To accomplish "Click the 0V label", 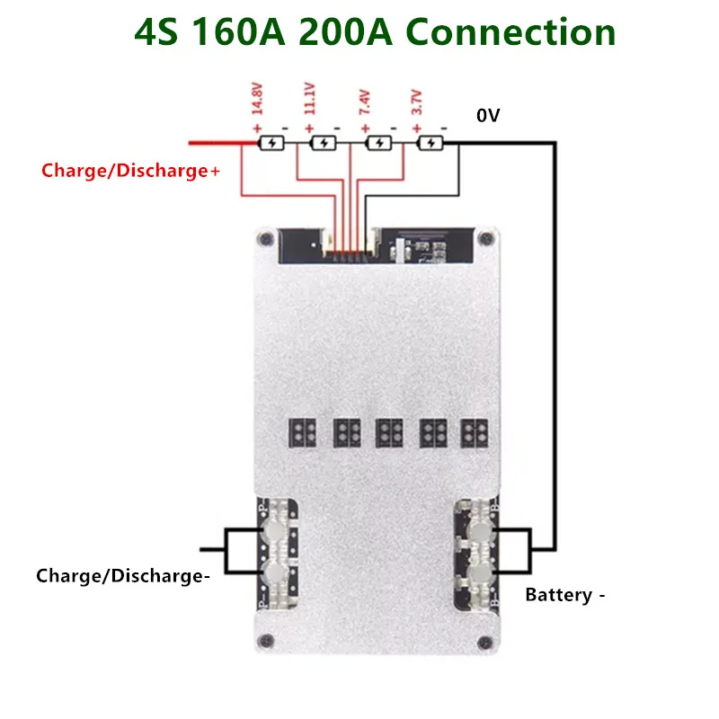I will coord(489,116).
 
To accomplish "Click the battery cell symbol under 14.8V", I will coord(271,143).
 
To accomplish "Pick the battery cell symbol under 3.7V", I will coord(432,143).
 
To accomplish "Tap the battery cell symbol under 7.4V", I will coord(380,143).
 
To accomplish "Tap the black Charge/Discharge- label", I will coord(123,576).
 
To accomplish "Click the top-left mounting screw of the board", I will coord(264,239).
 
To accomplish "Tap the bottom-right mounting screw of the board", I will coord(487,641).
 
